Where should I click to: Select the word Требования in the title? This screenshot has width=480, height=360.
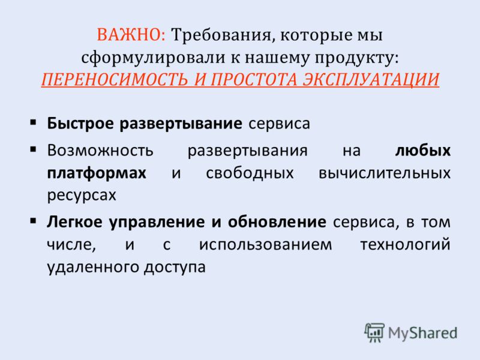[x=221, y=35]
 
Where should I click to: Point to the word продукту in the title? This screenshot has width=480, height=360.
[x=357, y=58]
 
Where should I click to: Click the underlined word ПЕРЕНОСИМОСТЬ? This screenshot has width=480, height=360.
[x=115, y=80]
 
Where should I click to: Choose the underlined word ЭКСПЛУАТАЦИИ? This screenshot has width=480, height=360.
[x=371, y=80]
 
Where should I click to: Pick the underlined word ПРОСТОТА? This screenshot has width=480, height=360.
[x=253, y=80]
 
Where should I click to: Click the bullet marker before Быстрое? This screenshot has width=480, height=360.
[x=34, y=123]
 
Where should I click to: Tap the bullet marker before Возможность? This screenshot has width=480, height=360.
[x=34, y=150]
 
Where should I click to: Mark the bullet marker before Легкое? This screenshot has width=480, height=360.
[x=34, y=221]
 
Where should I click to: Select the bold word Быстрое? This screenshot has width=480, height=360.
[x=80, y=124]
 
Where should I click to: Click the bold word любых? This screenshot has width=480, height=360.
[x=423, y=150]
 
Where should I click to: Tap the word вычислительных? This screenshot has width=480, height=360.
[x=385, y=173]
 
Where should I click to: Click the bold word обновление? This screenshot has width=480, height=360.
[x=277, y=221]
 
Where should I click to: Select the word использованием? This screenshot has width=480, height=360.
[x=265, y=245]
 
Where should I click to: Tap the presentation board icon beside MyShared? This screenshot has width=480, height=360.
[x=374, y=332]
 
